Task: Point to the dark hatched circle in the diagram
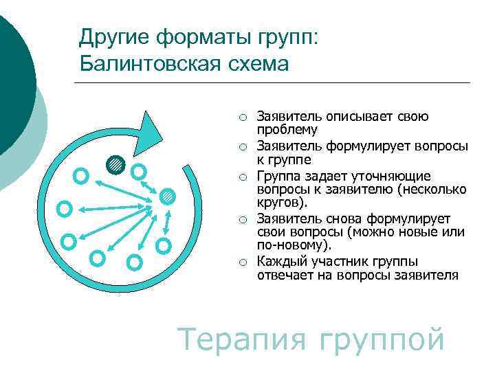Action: coord(115,165)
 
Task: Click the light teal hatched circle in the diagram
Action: coord(167,197)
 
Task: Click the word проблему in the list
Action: coord(287,130)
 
